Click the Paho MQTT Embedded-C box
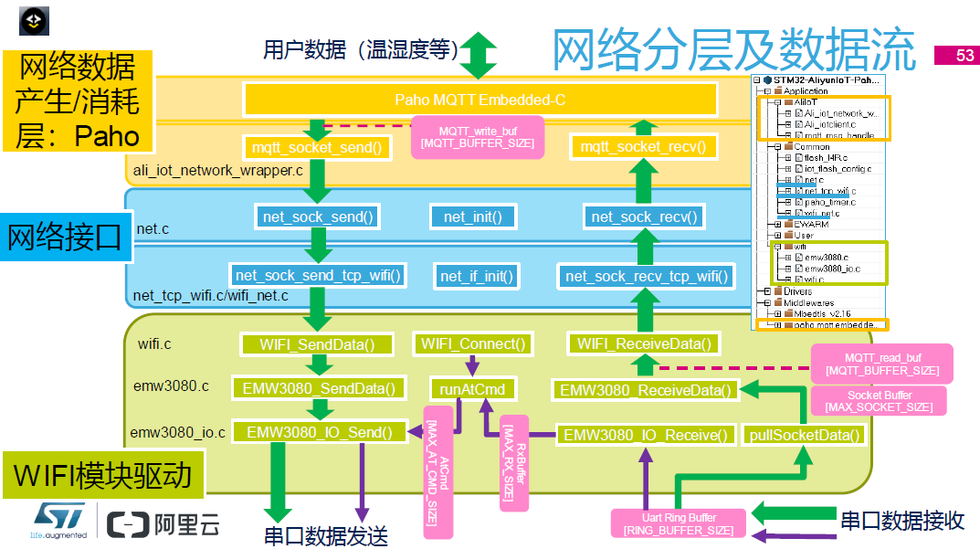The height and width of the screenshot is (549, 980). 479,100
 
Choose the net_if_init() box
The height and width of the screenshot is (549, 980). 477,275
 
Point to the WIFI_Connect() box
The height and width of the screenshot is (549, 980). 473,344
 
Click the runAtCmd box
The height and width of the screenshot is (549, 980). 472,389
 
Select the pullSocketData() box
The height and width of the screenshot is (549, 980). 804,435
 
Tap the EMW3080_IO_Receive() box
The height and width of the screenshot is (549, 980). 646,435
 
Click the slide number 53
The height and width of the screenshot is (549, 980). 955,56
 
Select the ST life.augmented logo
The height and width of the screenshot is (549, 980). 59,521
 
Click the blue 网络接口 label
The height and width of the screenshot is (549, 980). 63,238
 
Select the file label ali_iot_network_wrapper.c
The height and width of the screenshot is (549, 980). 218,171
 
